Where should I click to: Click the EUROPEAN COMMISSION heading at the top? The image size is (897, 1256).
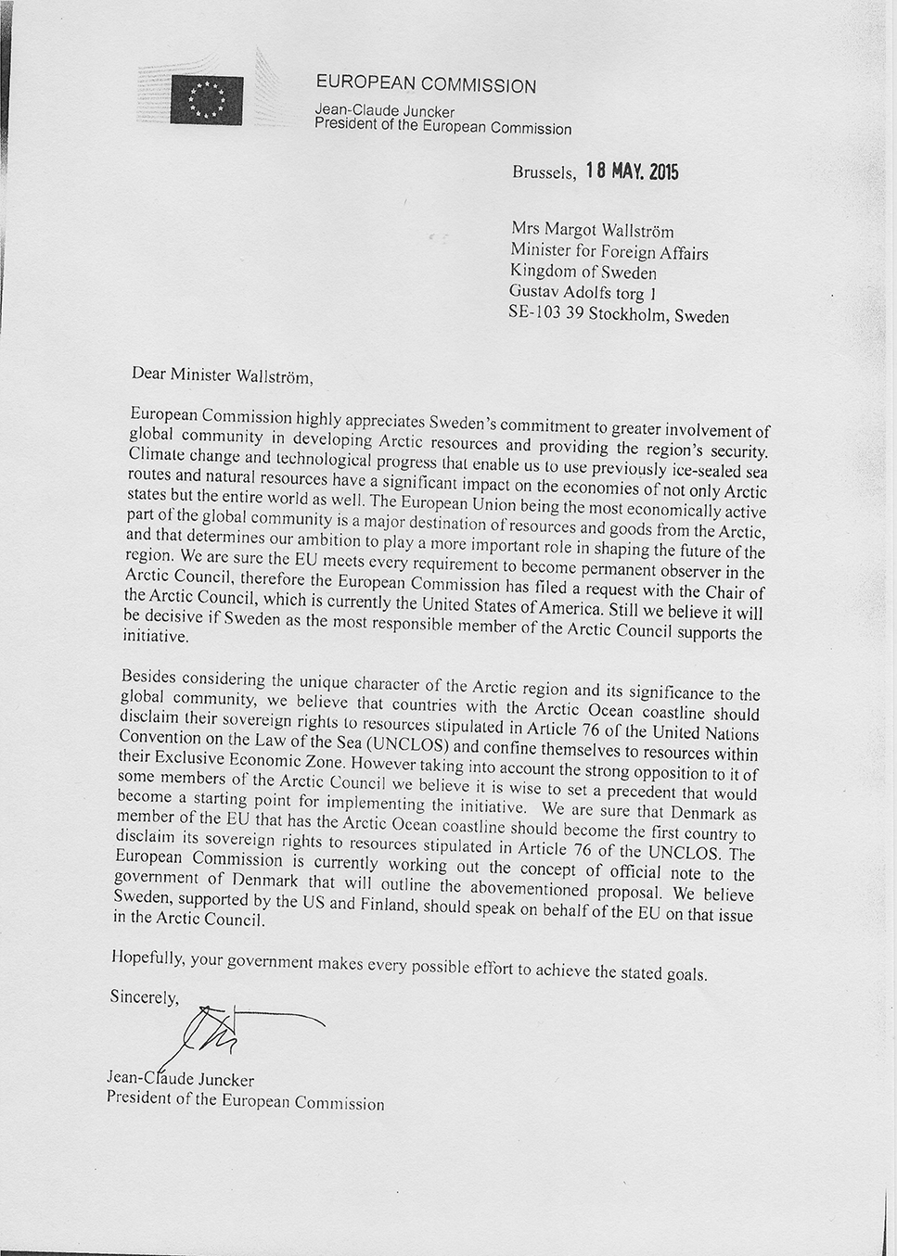(x=426, y=84)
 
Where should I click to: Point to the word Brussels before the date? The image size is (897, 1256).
(x=544, y=172)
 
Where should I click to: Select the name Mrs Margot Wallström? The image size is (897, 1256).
(x=592, y=231)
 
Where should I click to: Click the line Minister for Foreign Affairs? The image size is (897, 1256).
(x=609, y=251)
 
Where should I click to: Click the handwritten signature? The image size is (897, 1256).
(x=223, y=1034)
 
